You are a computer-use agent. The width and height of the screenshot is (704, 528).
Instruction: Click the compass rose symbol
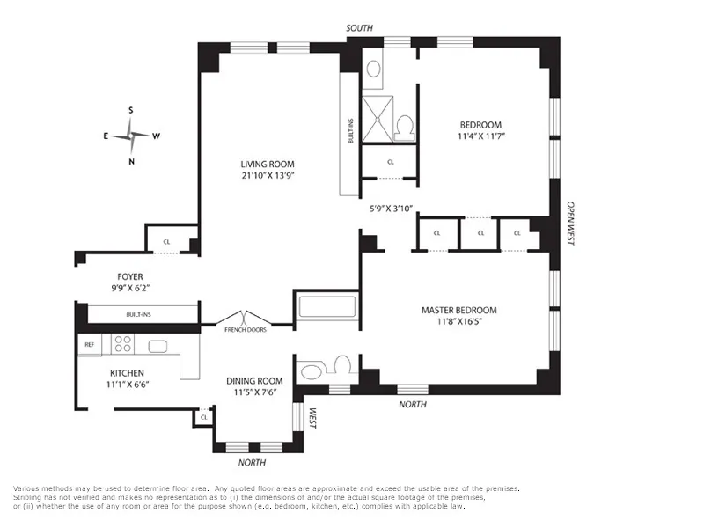tap(131, 136)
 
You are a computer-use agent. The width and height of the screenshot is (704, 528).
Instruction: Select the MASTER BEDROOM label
tap(458, 310)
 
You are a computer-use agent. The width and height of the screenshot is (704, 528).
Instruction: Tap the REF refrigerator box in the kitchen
tap(90, 345)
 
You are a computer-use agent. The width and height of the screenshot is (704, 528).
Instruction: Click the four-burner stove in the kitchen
tap(123, 344)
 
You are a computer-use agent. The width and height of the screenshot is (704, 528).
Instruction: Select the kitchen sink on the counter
tap(159, 345)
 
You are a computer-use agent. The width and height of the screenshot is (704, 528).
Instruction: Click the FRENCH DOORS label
tap(246, 329)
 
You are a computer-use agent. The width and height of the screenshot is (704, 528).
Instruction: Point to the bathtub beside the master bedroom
tap(327, 308)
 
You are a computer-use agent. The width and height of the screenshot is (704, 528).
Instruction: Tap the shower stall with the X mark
tap(378, 118)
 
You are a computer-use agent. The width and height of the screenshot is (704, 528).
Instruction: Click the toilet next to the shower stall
tap(405, 128)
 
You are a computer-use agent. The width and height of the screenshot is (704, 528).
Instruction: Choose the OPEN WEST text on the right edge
tap(570, 221)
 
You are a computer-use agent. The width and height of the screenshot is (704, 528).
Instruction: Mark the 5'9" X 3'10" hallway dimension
tap(391, 209)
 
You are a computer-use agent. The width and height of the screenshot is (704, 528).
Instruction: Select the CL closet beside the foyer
tap(166, 242)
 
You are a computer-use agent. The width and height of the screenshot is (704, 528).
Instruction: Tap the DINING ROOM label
tap(255, 380)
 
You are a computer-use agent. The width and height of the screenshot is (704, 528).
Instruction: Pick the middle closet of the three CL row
tap(480, 233)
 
